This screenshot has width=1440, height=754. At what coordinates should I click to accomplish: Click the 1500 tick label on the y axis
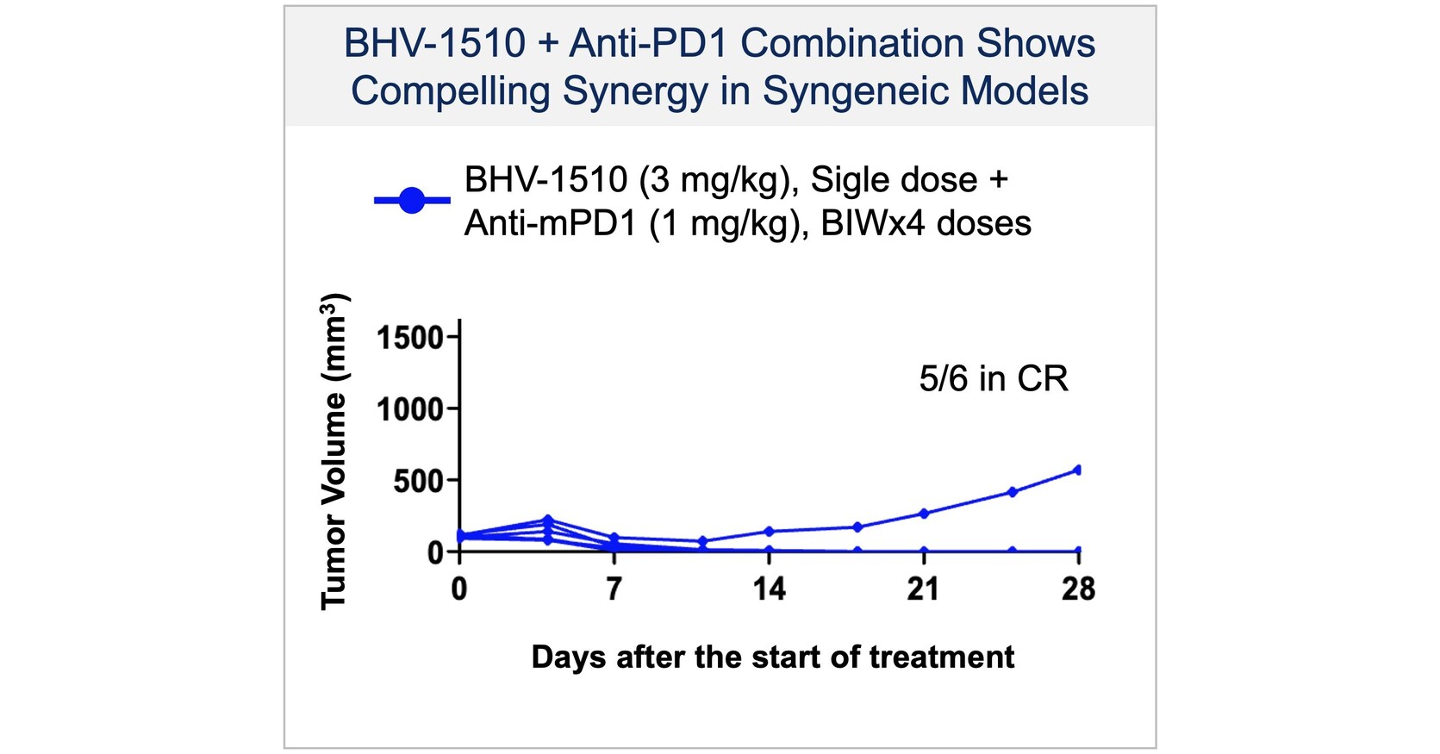point(409,338)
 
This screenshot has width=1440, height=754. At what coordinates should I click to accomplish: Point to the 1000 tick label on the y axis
point(409,409)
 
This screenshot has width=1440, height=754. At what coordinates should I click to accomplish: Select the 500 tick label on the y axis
point(418,481)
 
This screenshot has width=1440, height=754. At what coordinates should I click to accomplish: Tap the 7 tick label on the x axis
point(614,589)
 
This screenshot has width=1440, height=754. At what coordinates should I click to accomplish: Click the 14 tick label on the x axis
point(769,589)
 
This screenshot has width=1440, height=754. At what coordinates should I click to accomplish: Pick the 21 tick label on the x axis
point(923,589)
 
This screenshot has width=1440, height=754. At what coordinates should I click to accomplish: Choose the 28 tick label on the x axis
point(1078,589)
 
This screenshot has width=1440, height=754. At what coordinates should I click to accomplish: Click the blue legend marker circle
point(412,201)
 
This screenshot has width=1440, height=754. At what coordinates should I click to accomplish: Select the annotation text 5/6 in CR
point(993,379)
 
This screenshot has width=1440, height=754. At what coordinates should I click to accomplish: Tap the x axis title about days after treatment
point(772,657)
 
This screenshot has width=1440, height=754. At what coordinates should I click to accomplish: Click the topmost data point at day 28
point(1077,470)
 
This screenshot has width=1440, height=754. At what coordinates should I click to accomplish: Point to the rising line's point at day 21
point(924,514)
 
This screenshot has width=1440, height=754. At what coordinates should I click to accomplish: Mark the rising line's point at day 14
point(769,532)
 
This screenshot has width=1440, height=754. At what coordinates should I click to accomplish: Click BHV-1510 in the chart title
point(434,43)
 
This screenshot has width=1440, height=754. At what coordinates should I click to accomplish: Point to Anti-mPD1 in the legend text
point(551,224)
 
